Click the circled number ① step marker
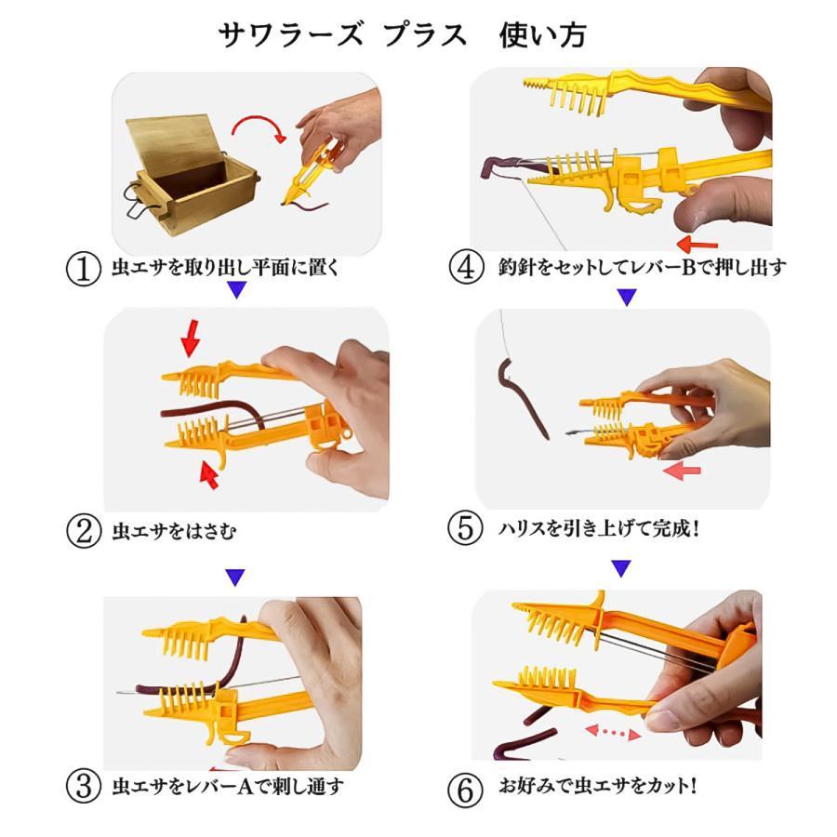84,269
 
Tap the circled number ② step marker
84,531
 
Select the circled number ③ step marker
84,786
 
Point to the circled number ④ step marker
466,266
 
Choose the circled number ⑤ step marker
466,528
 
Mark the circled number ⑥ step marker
466,789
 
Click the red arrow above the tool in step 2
190,339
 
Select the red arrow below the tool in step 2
208,474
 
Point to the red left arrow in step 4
697,245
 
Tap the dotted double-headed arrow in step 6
613,733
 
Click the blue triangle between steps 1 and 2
236,290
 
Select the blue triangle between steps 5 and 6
621,568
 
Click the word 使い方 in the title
542,35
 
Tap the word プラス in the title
424,35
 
